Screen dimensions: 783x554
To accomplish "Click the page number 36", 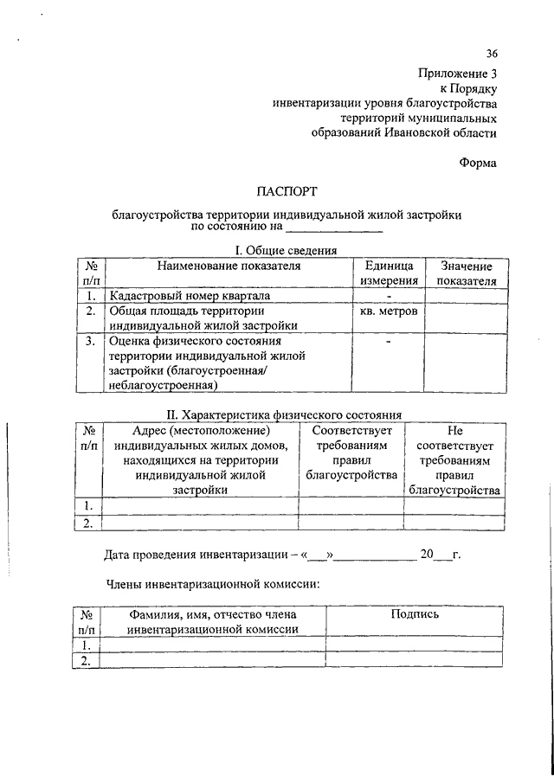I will point(492,53).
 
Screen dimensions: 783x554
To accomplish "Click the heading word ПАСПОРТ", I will point(287,189).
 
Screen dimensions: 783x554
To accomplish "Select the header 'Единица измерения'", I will point(389,273).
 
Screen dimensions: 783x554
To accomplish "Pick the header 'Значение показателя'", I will point(466,273).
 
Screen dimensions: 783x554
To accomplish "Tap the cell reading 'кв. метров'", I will point(389,311).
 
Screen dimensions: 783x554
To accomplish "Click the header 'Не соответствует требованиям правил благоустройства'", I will point(454,459).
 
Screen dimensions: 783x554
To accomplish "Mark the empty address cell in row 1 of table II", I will point(200,505).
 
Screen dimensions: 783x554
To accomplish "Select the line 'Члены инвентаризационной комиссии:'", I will point(212,584).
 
